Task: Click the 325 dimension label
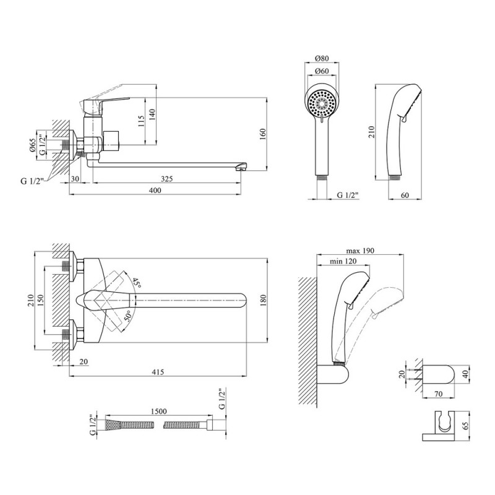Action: point(166,179)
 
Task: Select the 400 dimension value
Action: point(155,191)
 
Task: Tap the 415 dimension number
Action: point(158,372)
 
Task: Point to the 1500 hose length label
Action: point(158,411)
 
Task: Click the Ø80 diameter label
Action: point(322,58)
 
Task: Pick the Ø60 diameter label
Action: point(322,71)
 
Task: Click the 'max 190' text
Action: point(360,251)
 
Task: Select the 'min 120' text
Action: point(343,261)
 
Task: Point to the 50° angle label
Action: point(127,316)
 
